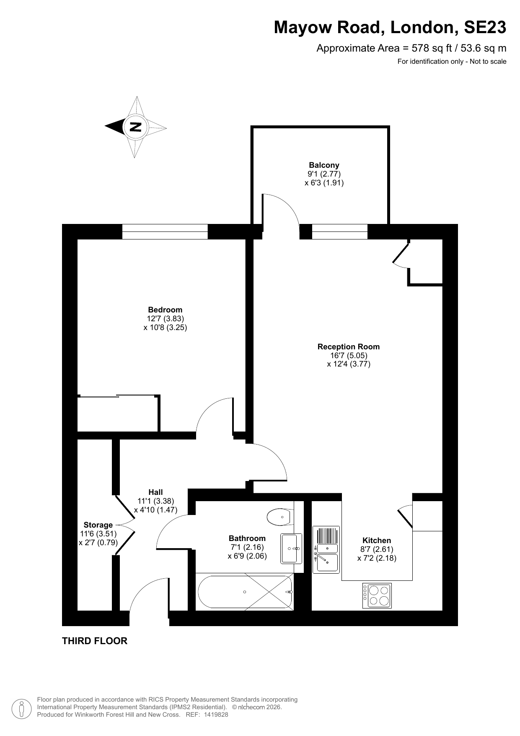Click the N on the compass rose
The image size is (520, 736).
point(135,127)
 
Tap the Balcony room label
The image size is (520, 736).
point(324,165)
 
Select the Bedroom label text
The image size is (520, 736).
point(165,310)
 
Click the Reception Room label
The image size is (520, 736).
point(348,346)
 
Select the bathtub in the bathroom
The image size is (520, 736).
point(245,592)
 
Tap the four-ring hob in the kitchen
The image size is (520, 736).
point(377,596)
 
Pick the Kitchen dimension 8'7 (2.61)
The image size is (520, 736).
point(377,549)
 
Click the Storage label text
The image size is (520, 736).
point(98,525)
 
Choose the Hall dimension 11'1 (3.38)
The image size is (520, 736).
point(155,501)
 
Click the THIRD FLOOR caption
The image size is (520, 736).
point(95,641)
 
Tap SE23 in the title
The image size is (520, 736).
point(485,28)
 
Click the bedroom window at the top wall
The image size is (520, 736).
point(165,231)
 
